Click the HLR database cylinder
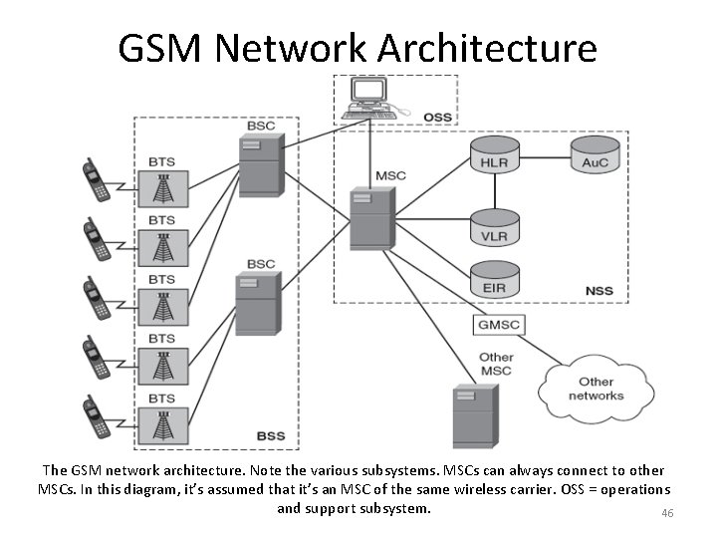(494, 159)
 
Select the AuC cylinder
(595, 157)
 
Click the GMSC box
(497, 325)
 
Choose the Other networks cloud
(596, 389)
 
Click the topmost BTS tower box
(161, 188)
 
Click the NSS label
(599, 291)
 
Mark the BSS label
(270, 435)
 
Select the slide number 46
(667, 513)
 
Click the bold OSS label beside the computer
(437, 118)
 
